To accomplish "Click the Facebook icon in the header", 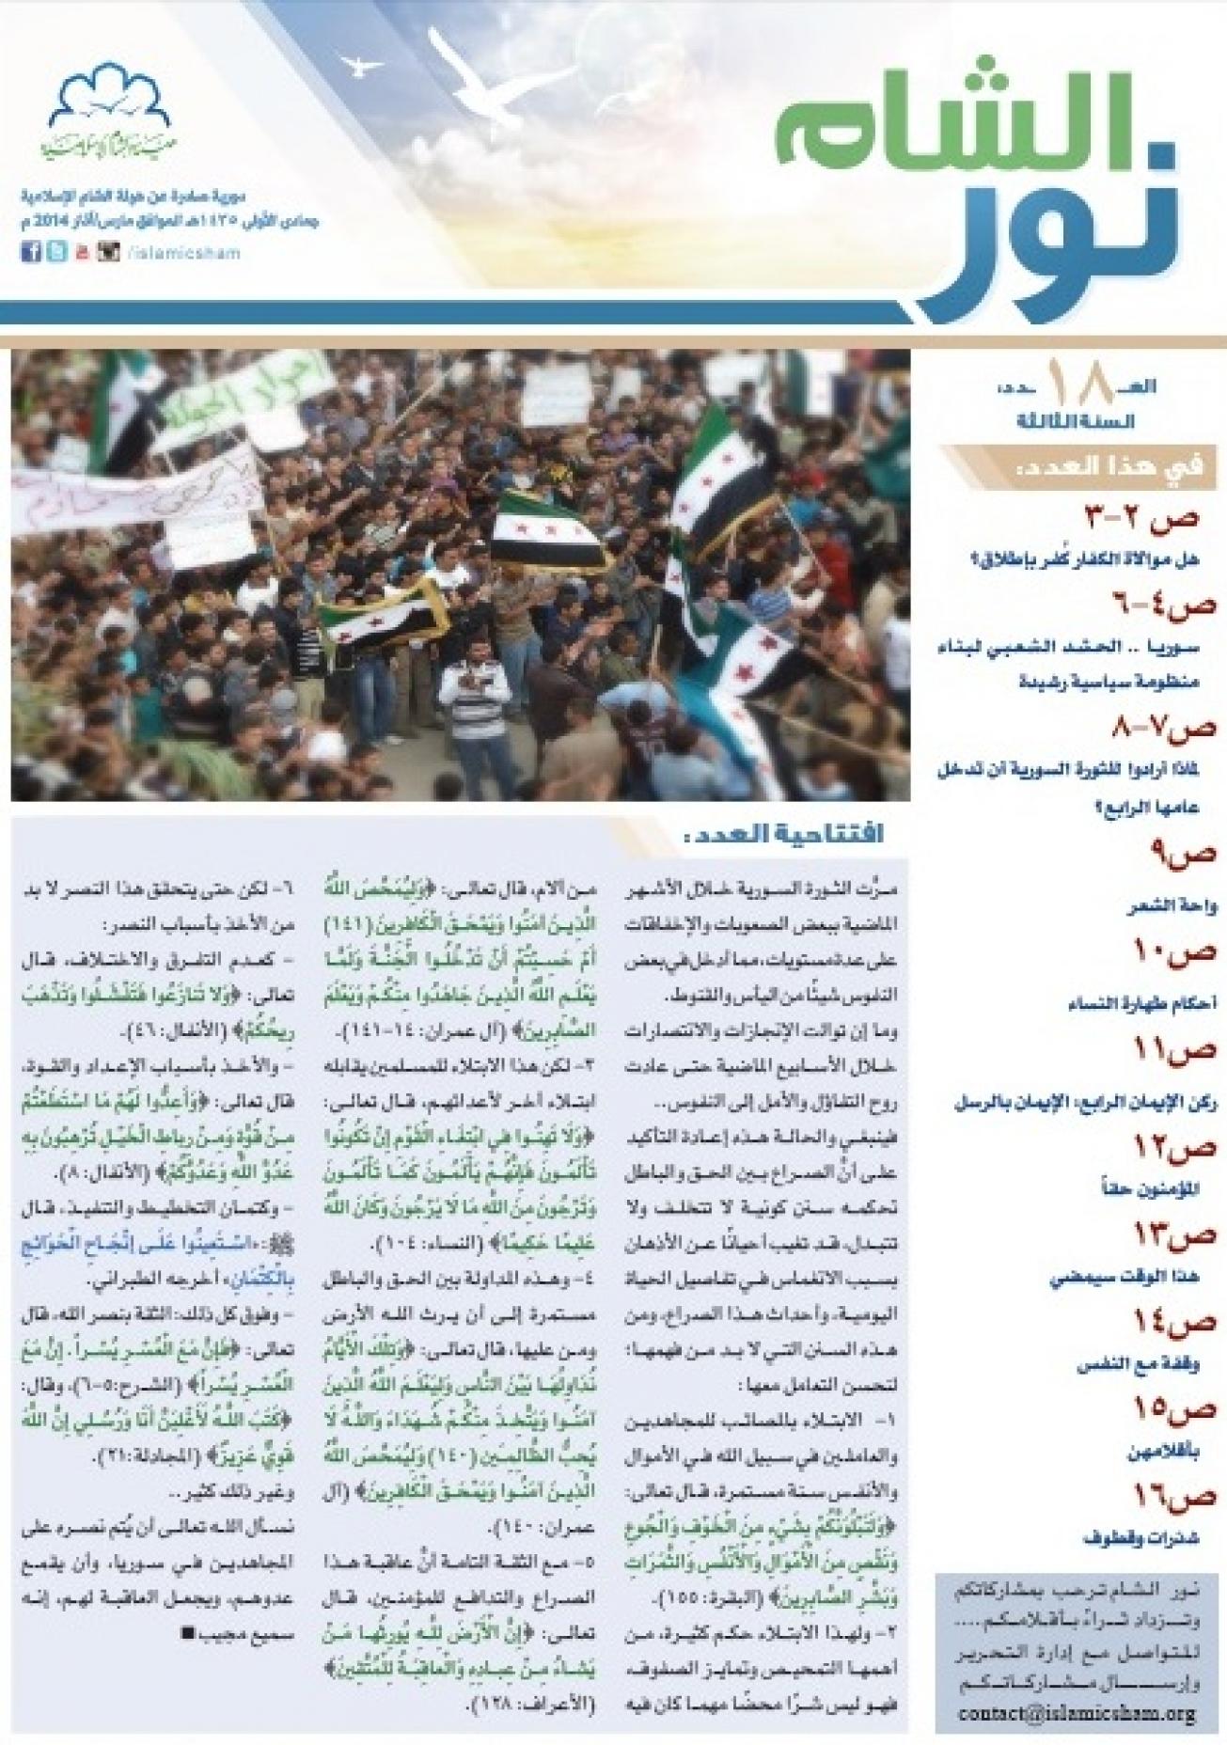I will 30,252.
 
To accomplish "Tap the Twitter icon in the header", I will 56,252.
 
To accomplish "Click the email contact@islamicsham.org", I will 1077,1714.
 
